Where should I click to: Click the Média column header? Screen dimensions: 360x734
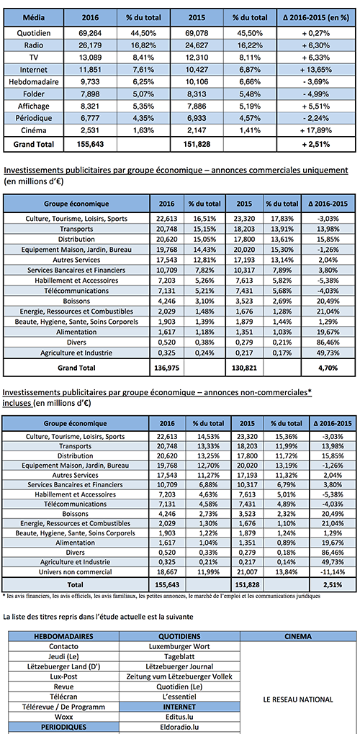tap(33, 18)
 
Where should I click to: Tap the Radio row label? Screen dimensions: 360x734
tap(33, 45)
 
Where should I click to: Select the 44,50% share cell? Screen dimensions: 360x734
tap(143, 33)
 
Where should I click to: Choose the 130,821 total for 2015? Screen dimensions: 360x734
tap(245, 368)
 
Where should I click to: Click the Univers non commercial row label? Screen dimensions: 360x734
tap(76, 571)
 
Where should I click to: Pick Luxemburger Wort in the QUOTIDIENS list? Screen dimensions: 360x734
tap(179, 646)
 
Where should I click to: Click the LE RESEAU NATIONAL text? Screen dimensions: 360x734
tap(299, 700)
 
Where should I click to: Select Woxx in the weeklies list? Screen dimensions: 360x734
tap(63, 716)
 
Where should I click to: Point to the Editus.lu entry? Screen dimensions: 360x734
tap(179, 716)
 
